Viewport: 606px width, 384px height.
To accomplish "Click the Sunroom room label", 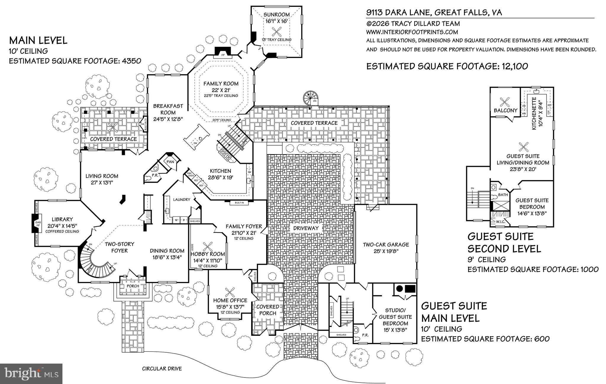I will tap(277, 14).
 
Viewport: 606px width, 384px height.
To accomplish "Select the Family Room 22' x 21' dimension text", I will tap(221, 90).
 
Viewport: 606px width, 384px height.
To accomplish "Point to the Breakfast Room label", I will tap(168, 109).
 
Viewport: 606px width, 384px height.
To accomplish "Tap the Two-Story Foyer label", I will tap(120, 247).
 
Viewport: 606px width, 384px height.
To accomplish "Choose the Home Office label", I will tap(230, 300).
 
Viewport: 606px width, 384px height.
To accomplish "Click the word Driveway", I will tap(306, 228).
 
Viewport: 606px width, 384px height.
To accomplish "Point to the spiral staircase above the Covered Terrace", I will tap(310, 98).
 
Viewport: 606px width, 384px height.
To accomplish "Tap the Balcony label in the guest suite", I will tap(505, 110).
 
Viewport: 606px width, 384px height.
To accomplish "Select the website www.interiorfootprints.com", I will tap(412, 32).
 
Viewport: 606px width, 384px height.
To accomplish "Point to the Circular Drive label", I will tap(162, 369).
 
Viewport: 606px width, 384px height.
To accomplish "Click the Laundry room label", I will tap(181, 199).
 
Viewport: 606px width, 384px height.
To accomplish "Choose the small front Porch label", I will tap(133, 286).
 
